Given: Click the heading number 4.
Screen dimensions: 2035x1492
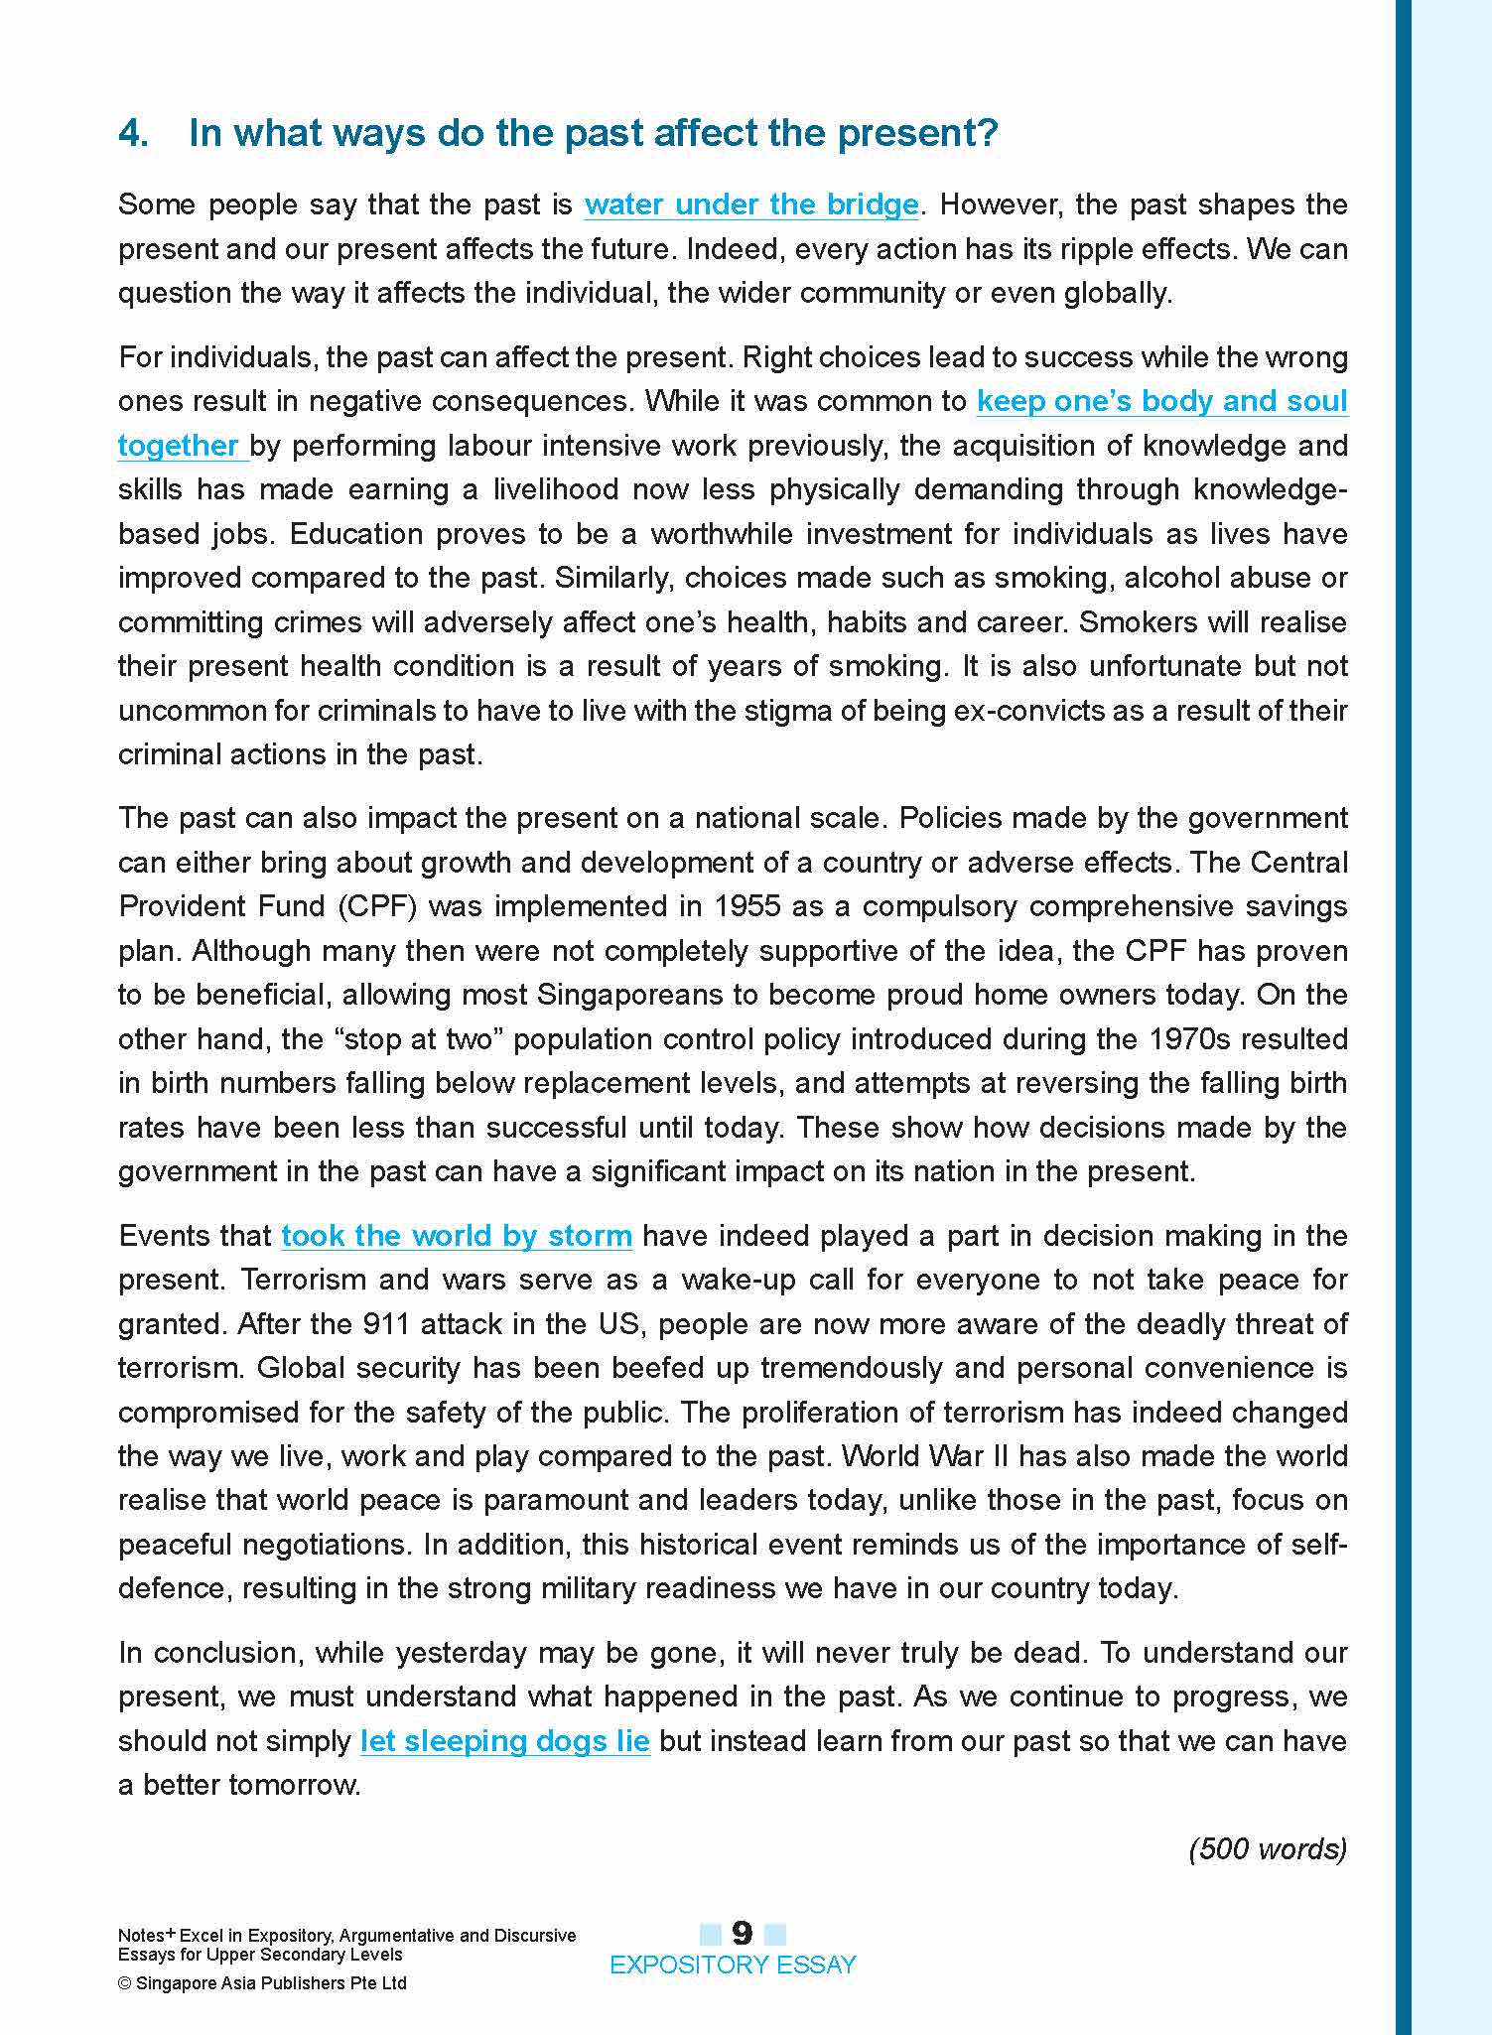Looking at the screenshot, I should point(133,133).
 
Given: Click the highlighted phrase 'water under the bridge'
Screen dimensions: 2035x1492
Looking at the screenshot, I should point(751,204).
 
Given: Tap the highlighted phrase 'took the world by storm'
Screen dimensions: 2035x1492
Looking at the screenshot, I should point(457,1236).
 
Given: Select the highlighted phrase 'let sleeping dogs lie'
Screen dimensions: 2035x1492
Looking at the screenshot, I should point(504,1741).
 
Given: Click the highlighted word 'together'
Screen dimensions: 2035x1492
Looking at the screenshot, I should point(179,446).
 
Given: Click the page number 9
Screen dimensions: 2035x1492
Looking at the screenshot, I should point(743,1933).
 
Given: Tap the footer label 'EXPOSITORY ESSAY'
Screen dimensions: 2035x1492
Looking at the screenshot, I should point(733,1966).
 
